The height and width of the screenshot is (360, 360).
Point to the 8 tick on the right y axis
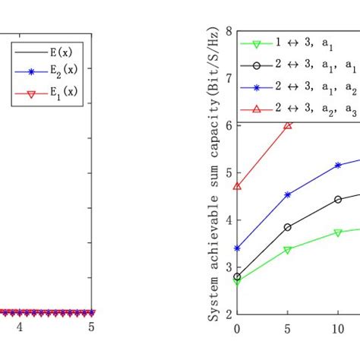229,33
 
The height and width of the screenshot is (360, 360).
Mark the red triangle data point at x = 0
238,186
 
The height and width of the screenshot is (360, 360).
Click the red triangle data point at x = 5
288,125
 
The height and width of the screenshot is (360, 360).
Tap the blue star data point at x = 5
288,194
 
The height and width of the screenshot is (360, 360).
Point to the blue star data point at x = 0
238,248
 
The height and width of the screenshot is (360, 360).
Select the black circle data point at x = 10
338,200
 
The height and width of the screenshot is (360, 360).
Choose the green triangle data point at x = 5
288,250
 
